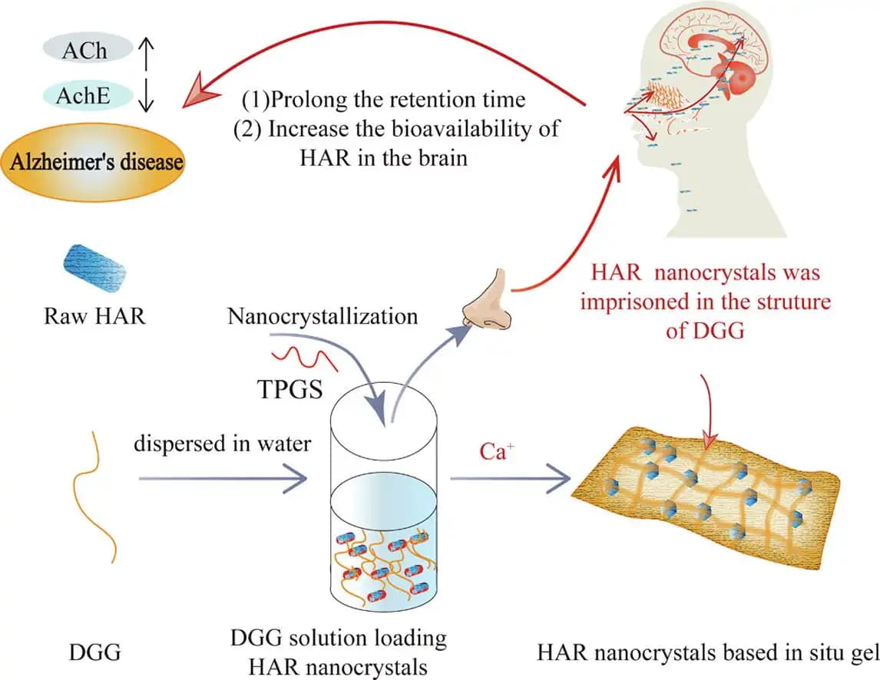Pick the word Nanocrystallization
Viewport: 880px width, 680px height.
coord(323,316)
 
